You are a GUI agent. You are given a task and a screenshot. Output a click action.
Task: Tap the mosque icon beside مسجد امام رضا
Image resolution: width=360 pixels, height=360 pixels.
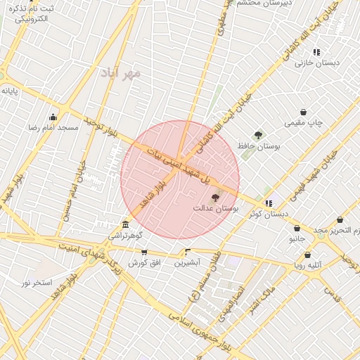[53, 117]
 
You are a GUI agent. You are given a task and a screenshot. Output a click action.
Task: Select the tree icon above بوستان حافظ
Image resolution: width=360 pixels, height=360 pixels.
[258, 134]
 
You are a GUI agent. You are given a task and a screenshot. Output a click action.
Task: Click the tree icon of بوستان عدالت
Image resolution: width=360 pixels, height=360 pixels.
[215, 198]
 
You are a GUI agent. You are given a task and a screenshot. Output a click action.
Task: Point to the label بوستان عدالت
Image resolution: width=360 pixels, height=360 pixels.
[217, 210]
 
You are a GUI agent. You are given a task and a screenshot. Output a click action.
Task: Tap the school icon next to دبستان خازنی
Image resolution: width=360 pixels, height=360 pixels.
[316, 52]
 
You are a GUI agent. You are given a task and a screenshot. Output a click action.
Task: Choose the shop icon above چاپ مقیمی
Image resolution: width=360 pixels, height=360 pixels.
[303, 112]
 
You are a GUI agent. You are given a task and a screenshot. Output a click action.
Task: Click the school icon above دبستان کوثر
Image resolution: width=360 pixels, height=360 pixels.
[269, 203]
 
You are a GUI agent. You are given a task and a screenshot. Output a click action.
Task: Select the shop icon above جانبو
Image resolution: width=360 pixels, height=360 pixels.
[297, 229]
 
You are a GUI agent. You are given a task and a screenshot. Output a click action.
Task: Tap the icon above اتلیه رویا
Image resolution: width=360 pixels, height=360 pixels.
[307, 255]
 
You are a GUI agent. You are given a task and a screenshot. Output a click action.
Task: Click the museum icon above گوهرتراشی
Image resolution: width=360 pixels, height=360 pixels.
[125, 224]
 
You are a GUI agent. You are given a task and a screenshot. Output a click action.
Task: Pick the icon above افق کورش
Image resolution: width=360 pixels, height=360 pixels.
[144, 252]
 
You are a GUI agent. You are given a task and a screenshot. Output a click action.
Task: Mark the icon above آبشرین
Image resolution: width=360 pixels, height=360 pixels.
[187, 251]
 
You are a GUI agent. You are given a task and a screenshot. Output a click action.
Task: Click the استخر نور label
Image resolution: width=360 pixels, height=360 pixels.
[37, 283]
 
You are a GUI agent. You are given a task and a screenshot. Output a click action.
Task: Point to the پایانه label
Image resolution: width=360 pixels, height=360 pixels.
[9, 91]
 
